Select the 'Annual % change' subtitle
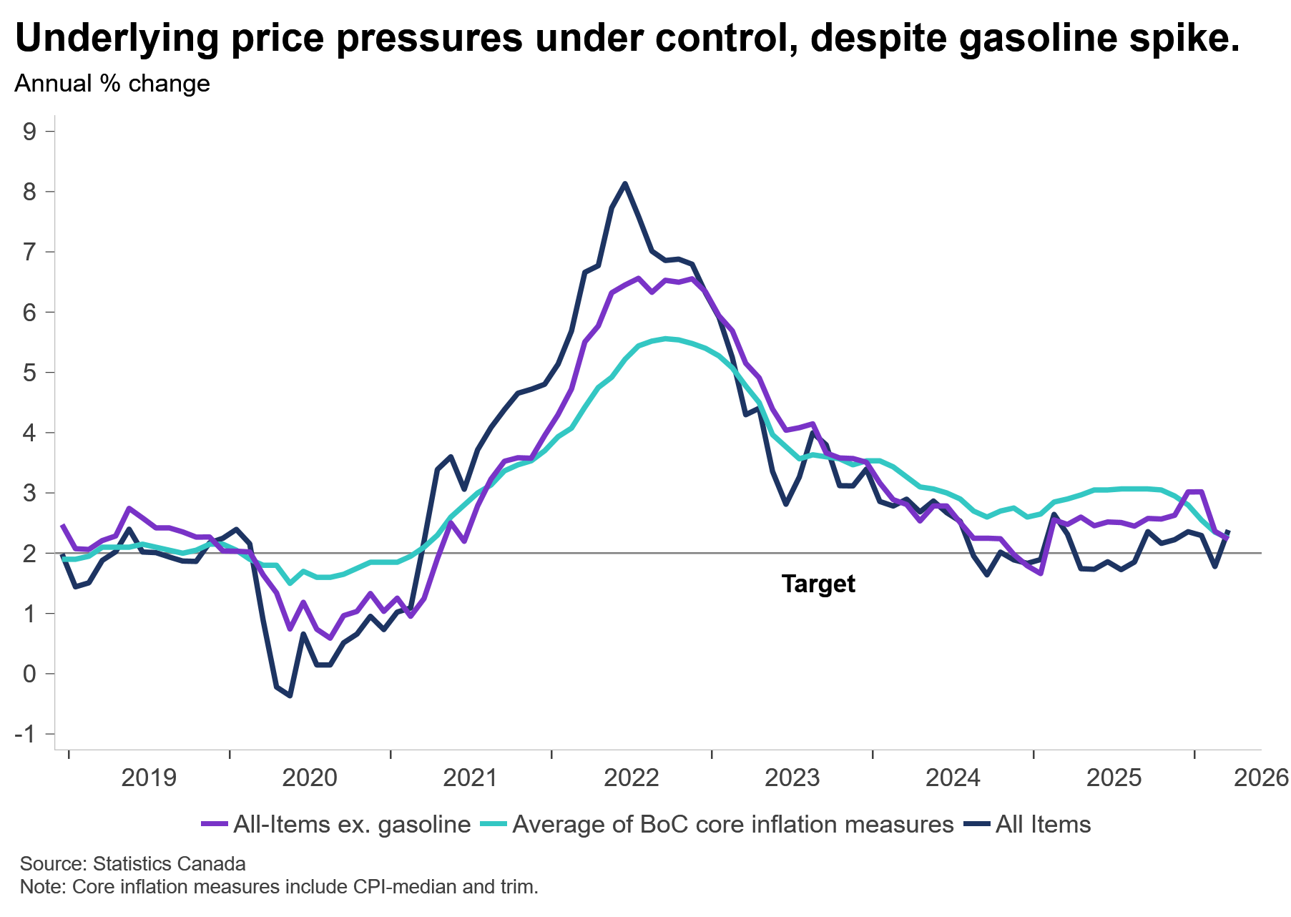(112, 84)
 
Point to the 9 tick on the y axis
(29, 132)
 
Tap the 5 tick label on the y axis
(29, 373)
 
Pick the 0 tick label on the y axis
(29, 674)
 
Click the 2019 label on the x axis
(149, 778)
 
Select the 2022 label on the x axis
(632, 778)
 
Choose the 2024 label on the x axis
(953, 778)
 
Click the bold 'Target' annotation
(818, 584)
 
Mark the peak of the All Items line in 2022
(625, 184)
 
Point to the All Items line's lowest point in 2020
(290, 695)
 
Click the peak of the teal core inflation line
(666, 338)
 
